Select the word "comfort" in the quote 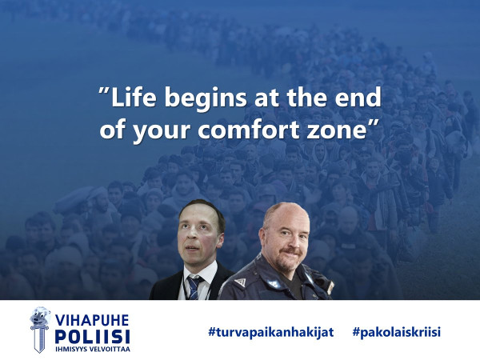248,129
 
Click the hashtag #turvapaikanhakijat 270,332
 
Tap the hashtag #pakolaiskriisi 397,332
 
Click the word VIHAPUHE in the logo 92,320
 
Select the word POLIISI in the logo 93,337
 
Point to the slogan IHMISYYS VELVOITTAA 93,349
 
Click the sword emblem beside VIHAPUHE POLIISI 40,330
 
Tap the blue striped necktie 194,288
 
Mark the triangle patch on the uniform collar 240,282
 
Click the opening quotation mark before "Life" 104,91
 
